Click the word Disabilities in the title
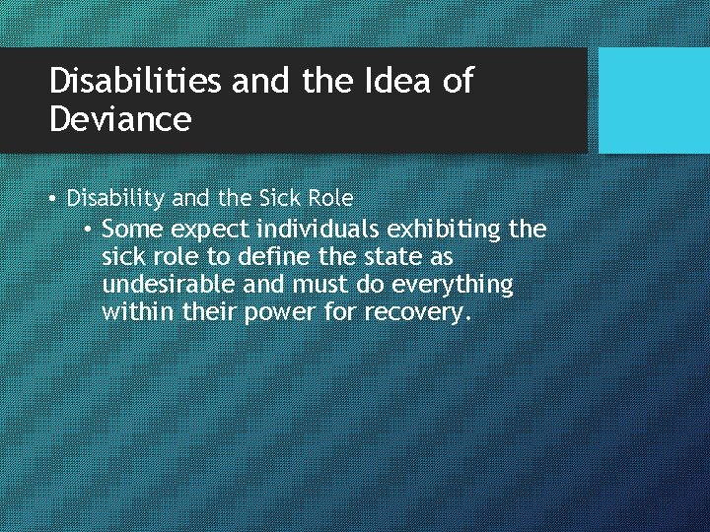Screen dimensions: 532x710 tap(135, 82)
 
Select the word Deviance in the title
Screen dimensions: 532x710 tap(120, 120)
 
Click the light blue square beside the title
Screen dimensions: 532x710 tap(654, 100)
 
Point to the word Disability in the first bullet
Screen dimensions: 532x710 tap(115, 198)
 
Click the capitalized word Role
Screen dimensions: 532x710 tap(329, 198)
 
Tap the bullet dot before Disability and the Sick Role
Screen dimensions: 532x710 tap(53, 198)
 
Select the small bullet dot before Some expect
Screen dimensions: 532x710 tap(89, 230)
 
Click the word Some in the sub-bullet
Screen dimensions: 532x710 tap(132, 230)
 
